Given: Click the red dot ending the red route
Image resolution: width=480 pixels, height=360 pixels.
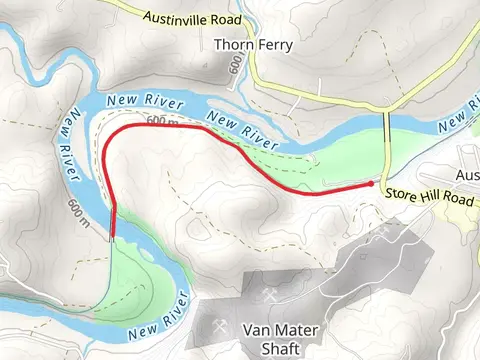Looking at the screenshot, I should pos(371,184).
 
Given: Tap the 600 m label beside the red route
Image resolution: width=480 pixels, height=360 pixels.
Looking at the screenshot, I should pos(161,122).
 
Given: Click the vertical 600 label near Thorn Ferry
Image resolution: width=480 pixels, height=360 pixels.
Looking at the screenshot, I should pos(236,65).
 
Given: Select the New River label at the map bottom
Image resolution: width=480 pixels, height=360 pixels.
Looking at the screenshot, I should pos(159,315).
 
